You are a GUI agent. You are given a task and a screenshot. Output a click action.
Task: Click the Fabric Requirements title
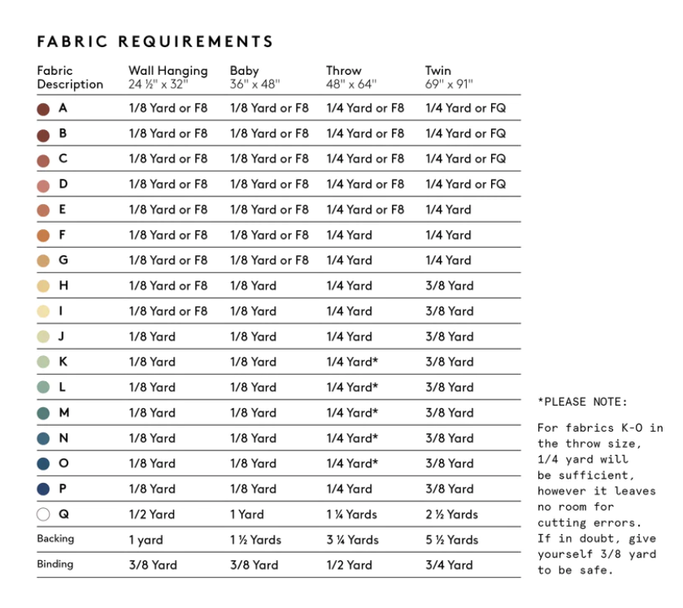click(x=155, y=41)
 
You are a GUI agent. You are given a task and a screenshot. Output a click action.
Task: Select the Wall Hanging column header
click(x=167, y=71)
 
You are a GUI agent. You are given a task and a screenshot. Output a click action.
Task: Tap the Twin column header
click(x=437, y=71)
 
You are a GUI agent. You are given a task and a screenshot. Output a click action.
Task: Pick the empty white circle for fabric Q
click(x=44, y=515)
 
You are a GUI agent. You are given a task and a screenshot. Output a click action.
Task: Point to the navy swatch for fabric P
click(x=44, y=489)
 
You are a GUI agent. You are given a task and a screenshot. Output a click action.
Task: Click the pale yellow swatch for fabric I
click(x=44, y=311)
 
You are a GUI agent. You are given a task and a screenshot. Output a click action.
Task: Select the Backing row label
click(x=55, y=539)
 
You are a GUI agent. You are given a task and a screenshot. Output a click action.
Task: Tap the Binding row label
click(x=55, y=564)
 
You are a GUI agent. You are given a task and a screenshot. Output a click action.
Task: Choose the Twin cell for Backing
click(x=451, y=540)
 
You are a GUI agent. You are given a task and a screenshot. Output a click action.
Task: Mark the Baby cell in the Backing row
click(x=255, y=540)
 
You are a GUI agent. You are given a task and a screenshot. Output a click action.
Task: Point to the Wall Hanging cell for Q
click(x=151, y=515)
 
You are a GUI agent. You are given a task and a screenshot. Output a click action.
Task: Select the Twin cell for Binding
click(x=449, y=565)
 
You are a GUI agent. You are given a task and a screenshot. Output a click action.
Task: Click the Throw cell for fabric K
click(x=352, y=362)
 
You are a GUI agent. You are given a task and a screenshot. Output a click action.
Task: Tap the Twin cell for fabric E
click(x=448, y=210)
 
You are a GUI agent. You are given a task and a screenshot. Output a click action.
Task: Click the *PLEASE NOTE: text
click(x=581, y=402)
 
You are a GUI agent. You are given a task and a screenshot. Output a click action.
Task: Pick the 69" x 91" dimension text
click(x=448, y=85)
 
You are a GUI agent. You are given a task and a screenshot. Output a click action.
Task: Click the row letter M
click(x=64, y=413)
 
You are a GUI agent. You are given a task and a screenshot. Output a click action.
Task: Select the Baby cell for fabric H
click(x=253, y=286)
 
